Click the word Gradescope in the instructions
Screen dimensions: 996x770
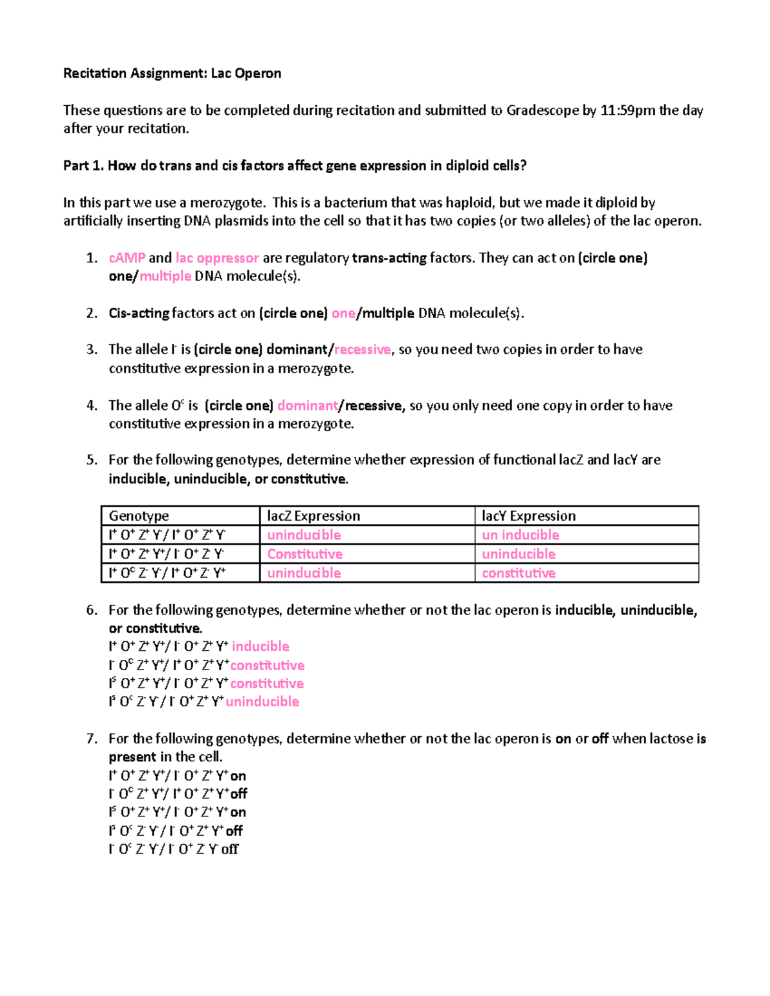[x=542, y=110]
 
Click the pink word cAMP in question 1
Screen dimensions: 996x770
[x=127, y=258]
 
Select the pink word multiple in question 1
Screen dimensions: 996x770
[x=165, y=276]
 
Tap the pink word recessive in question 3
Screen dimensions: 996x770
[x=363, y=350]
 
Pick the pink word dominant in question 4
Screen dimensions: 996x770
[x=307, y=405]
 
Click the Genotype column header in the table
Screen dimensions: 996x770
[x=139, y=516]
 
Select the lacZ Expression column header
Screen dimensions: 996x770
[x=313, y=516]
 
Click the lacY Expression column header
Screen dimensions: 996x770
[x=528, y=516]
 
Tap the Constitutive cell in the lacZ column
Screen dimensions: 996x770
[x=305, y=554]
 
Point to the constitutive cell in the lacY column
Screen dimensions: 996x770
[x=518, y=573]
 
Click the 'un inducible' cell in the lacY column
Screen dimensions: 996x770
[x=520, y=535]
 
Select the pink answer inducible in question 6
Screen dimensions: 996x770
[x=261, y=646]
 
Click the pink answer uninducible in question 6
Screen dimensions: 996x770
[x=262, y=702]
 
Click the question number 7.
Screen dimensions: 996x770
[x=92, y=739]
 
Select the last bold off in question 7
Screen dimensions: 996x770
[x=230, y=849]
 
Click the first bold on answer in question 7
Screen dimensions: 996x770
[x=238, y=776]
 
